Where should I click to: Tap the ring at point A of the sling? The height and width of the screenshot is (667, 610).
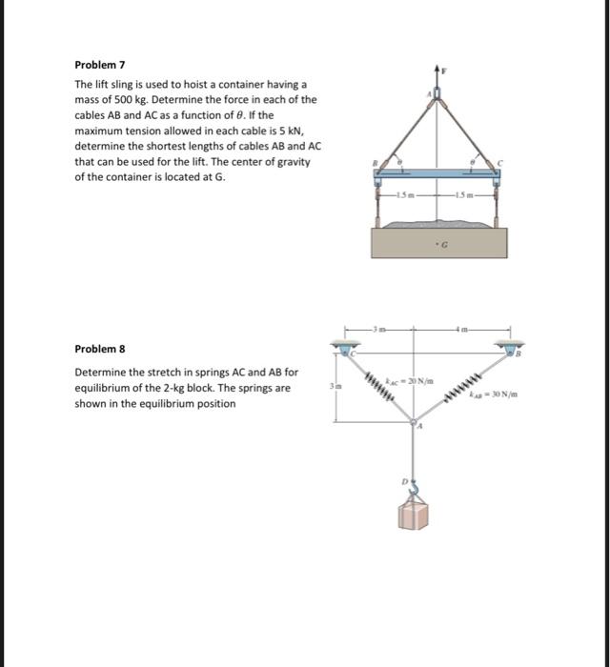point(438,92)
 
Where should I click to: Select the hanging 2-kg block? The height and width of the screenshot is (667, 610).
point(413,515)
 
